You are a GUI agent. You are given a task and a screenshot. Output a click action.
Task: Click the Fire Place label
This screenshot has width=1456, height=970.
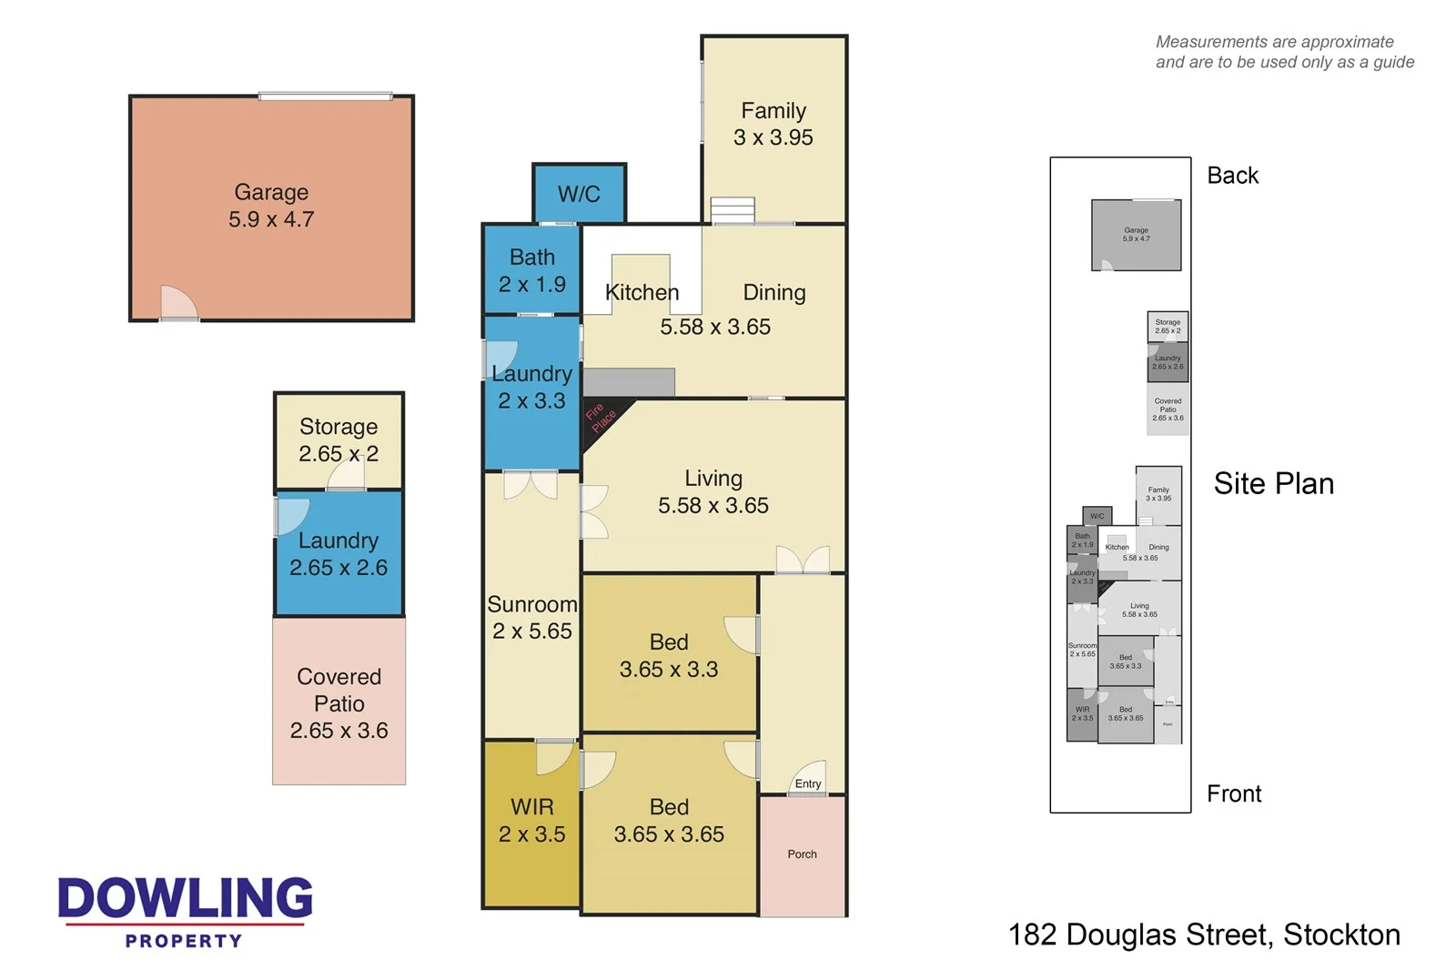click(x=601, y=418)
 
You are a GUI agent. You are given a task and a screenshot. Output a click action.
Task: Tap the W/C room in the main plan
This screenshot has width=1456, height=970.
click(x=579, y=194)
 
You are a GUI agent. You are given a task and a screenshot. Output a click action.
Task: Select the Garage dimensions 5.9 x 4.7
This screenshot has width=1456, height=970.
click(x=271, y=219)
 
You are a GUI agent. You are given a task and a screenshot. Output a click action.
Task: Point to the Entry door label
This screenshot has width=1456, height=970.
click(x=807, y=783)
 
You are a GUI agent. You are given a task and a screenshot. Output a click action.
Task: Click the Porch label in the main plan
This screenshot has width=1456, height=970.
click(x=802, y=854)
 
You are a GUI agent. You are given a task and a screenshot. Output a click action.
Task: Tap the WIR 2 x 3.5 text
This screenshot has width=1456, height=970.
click(x=531, y=821)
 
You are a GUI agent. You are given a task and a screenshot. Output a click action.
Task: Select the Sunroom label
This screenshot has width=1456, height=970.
click(x=532, y=604)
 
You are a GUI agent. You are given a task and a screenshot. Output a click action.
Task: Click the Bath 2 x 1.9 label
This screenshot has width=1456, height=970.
click(x=531, y=271)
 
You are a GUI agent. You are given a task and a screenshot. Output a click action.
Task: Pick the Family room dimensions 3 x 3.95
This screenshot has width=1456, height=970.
click(x=773, y=137)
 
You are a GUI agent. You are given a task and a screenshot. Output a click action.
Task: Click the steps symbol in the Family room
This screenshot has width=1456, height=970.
click(x=733, y=209)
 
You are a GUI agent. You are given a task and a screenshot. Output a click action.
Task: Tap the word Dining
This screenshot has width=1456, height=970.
click(x=773, y=292)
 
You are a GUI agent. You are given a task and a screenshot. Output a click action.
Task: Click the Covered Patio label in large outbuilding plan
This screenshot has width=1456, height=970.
click(x=339, y=703)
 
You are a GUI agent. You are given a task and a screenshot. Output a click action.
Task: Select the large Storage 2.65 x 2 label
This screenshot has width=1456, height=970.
click(x=339, y=440)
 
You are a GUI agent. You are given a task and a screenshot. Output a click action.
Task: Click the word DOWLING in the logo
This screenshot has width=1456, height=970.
click(x=185, y=898)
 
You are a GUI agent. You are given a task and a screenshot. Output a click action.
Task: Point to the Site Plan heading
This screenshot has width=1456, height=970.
click(x=1273, y=484)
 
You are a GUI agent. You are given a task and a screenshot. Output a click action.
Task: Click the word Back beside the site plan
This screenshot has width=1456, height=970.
click(x=1232, y=176)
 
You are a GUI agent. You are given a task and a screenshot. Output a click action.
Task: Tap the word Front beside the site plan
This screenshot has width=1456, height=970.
click(x=1233, y=794)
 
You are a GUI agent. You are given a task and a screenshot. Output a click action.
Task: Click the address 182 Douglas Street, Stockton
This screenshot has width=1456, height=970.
click(x=1203, y=935)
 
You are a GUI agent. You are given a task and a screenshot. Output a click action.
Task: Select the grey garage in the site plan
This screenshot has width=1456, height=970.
click(x=1136, y=236)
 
